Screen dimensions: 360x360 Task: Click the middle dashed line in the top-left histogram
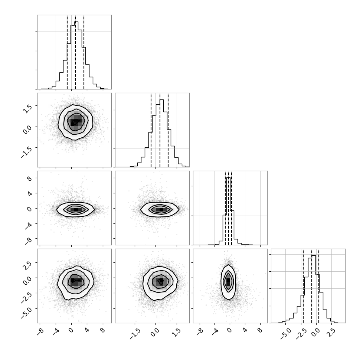coord(75,52)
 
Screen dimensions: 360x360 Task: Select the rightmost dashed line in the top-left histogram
coord(84,52)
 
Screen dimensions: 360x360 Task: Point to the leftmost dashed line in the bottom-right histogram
coord(303,286)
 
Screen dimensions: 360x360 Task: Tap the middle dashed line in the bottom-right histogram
coord(311,286)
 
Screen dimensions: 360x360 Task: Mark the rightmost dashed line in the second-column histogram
coord(168,130)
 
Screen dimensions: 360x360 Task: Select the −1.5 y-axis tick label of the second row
coord(26,152)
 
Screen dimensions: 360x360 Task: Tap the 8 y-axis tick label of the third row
coord(30,179)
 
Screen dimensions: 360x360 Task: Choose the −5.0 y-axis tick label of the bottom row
coord(26,312)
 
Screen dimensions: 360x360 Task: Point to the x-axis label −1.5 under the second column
coord(135,334)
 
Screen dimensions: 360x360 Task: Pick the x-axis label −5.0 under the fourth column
coord(286,334)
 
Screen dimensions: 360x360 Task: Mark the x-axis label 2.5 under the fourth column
coord(330,333)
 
